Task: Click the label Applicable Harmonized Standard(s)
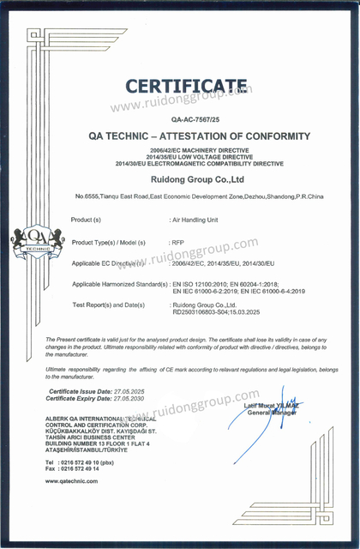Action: pos(119,284)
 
